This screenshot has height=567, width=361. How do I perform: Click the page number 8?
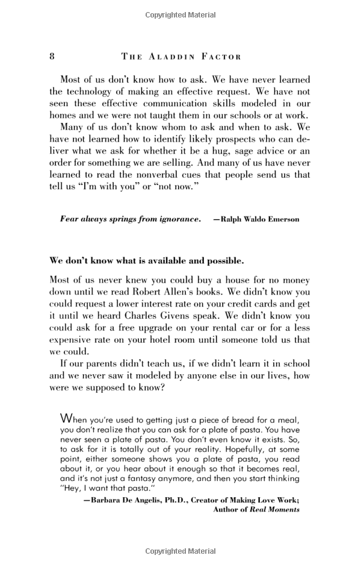[52, 56]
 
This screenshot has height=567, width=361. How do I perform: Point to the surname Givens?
[210, 316]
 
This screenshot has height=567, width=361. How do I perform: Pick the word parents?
[109, 365]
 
